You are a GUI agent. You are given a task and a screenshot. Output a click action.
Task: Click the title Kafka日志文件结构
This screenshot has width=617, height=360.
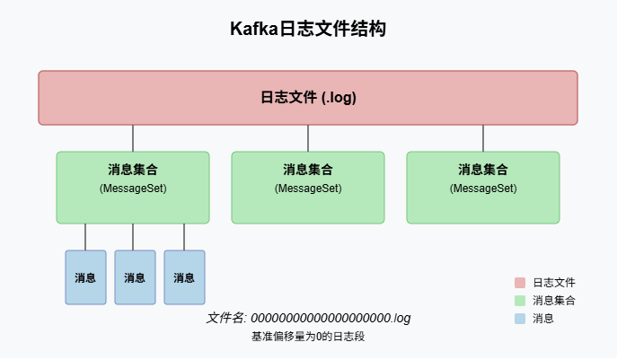tap(308, 30)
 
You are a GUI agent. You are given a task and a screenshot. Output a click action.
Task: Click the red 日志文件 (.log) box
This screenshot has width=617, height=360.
tap(308, 98)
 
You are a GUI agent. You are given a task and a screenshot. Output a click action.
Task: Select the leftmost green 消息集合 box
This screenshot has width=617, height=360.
tap(133, 187)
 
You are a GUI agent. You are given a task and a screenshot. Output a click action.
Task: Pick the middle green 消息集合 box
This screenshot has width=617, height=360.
tap(308, 187)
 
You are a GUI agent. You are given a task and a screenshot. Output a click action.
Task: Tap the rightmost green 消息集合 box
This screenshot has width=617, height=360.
tap(483, 187)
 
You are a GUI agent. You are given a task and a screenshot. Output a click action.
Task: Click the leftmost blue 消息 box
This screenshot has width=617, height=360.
tap(85, 277)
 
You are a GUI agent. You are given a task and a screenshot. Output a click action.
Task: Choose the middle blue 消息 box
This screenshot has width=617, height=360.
tap(135, 277)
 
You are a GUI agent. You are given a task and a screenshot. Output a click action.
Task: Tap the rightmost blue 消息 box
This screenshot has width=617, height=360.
tap(184, 277)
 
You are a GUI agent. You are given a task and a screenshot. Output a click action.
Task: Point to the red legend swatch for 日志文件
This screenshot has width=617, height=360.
tap(520, 282)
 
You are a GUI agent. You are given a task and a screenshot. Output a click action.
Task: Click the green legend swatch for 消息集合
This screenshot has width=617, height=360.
tap(520, 300)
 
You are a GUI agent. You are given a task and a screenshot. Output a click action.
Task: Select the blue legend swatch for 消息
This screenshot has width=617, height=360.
tap(520, 318)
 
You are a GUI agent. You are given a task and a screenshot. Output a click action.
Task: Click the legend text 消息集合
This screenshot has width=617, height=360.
tap(554, 300)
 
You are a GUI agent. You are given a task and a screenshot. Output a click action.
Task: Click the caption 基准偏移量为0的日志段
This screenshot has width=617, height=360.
tap(308, 337)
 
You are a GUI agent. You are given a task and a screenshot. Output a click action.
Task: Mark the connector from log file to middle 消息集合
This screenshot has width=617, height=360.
tap(308, 138)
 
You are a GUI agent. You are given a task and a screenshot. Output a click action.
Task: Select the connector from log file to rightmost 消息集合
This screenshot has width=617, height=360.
tap(483, 138)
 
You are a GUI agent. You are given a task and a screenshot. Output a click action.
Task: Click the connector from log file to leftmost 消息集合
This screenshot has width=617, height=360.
tap(133, 138)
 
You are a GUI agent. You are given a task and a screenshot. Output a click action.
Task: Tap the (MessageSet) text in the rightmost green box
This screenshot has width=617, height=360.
tap(483, 189)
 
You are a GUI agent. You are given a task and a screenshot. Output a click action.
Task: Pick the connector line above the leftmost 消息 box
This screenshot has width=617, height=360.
tap(85, 237)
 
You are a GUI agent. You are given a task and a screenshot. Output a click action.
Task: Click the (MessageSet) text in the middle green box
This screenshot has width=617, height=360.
tap(308, 189)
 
